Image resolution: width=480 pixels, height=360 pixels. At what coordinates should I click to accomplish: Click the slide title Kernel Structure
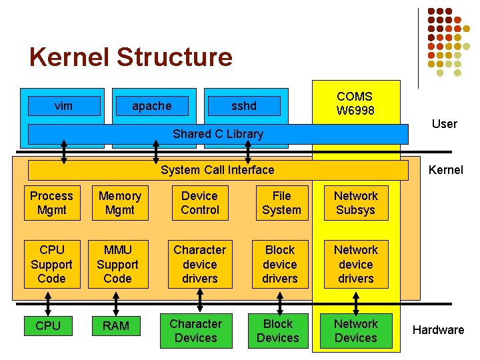(x=131, y=57)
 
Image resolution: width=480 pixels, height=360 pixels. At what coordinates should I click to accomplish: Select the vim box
(x=63, y=106)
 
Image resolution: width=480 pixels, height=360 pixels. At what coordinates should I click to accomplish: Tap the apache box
(x=151, y=106)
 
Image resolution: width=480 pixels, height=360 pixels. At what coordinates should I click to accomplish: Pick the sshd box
(x=243, y=106)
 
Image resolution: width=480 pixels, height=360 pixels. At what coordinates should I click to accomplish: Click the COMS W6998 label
(x=355, y=103)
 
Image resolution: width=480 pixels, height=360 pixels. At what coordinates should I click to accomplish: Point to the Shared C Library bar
(x=218, y=134)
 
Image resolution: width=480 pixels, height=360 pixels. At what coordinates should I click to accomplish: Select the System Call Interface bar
(x=217, y=170)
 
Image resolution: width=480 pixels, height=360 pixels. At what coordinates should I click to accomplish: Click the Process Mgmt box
(x=51, y=203)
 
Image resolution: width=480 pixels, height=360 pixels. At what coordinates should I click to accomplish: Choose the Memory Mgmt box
(x=120, y=203)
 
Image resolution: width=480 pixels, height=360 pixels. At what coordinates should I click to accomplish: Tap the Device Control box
(x=199, y=203)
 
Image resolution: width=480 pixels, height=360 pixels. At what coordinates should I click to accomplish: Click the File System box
(x=281, y=203)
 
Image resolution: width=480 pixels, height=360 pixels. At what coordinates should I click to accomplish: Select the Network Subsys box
(x=355, y=203)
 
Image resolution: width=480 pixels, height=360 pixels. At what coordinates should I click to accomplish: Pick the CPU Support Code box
(x=51, y=264)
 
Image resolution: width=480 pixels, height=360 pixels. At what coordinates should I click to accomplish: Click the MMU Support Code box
(x=118, y=264)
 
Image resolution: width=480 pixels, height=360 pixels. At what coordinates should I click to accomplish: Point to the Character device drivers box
(x=199, y=264)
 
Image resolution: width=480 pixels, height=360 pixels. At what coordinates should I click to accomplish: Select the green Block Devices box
(x=278, y=331)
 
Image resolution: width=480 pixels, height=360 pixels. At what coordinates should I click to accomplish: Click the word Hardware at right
(x=438, y=330)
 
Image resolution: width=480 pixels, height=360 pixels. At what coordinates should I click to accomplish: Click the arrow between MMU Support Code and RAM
(x=118, y=301)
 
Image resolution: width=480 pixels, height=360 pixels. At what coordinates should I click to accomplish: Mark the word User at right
(x=444, y=124)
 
